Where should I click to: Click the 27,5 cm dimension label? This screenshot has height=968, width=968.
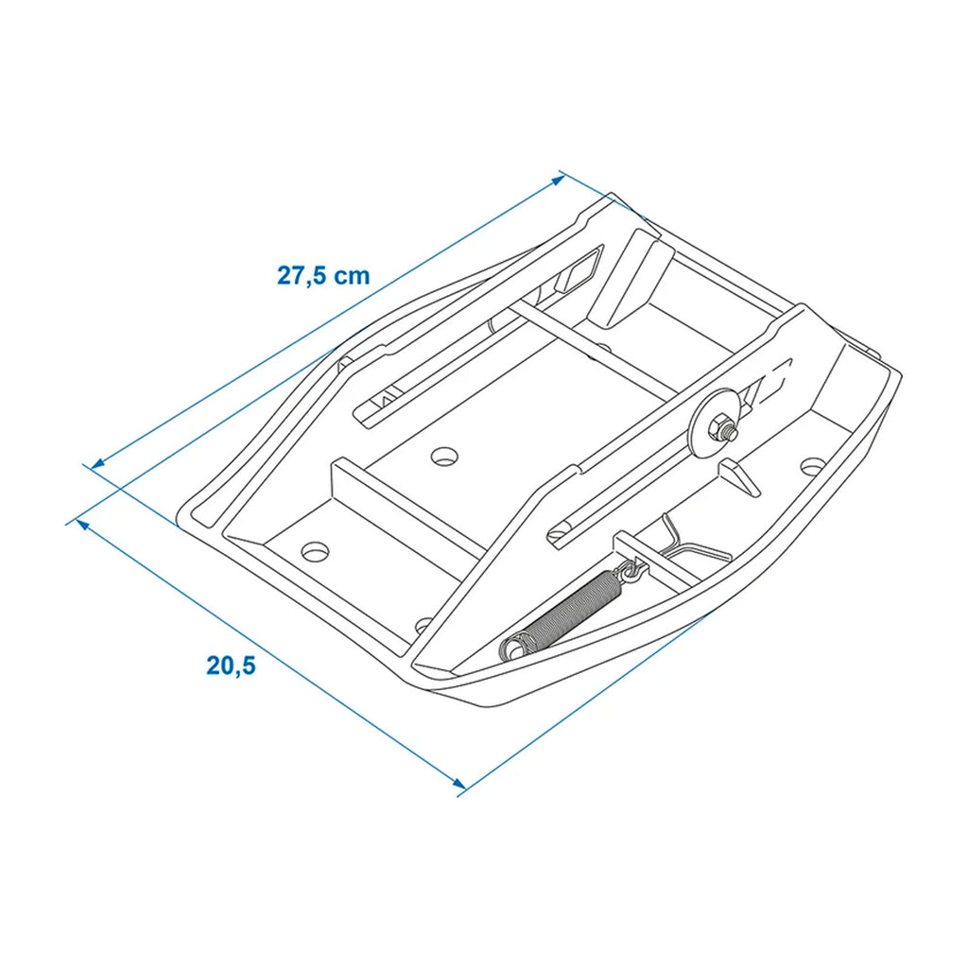click(x=323, y=275)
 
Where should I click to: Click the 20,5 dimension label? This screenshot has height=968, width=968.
click(x=231, y=665)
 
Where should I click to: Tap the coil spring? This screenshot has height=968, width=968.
click(x=562, y=613)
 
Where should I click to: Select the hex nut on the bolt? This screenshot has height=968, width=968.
click(x=719, y=426)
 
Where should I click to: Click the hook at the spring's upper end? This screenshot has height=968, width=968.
click(x=630, y=570)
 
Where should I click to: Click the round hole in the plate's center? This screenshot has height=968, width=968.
click(x=444, y=457)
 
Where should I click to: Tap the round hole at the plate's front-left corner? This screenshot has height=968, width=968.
click(x=315, y=551)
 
